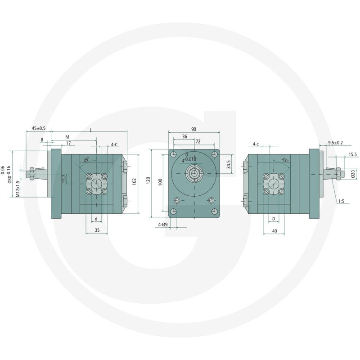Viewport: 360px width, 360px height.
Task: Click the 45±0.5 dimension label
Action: coord(39,128)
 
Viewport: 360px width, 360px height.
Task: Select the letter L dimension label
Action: coord(91,130)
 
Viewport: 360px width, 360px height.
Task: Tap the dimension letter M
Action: coord(67,137)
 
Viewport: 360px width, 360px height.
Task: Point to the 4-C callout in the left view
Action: coord(114,144)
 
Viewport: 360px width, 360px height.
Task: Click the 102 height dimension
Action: coord(135,181)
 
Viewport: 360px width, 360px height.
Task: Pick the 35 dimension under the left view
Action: coord(97,230)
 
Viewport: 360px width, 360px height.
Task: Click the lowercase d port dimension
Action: coord(96,219)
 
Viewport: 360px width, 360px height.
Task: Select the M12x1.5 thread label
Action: coord(18,189)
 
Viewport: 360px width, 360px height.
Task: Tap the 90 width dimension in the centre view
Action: coord(194,129)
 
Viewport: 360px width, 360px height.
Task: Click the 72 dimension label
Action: coord(198,142)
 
